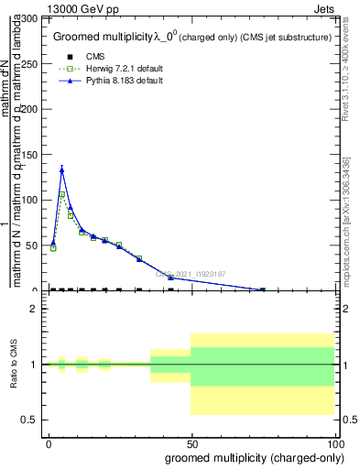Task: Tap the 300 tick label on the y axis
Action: (28, 19)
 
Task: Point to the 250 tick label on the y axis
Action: (28, 64)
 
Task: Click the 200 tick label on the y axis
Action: (28, 110)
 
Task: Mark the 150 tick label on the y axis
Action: (28, 155)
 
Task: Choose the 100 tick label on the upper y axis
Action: (28, 200)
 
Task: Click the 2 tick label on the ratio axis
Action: (34, 310)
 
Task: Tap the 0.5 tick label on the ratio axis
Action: (30, 420)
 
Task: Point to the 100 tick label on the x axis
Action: (336, 443)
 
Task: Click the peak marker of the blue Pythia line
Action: (61, 169)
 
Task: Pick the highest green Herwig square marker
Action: (61, 195)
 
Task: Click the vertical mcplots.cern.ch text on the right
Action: (350, 220)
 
